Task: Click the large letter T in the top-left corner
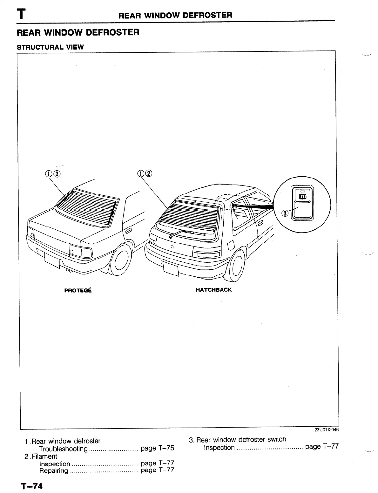[x=21, y=14]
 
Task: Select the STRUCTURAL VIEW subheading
[x=50, y=47]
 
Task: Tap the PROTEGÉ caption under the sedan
[x=78, y=290]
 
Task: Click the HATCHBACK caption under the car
[x=213, y=290]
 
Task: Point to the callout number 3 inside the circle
[x=285, y=213]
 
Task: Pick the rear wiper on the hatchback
[x=187, y=233]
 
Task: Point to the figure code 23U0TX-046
[x=326, y=430]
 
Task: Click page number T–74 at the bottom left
[x=32, y=486]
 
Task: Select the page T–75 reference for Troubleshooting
[x=157, y=448]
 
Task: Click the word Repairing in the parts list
[x=53, y=470]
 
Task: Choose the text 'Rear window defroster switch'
[x=241, y=440]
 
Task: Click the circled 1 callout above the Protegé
[x=49, y=174]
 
